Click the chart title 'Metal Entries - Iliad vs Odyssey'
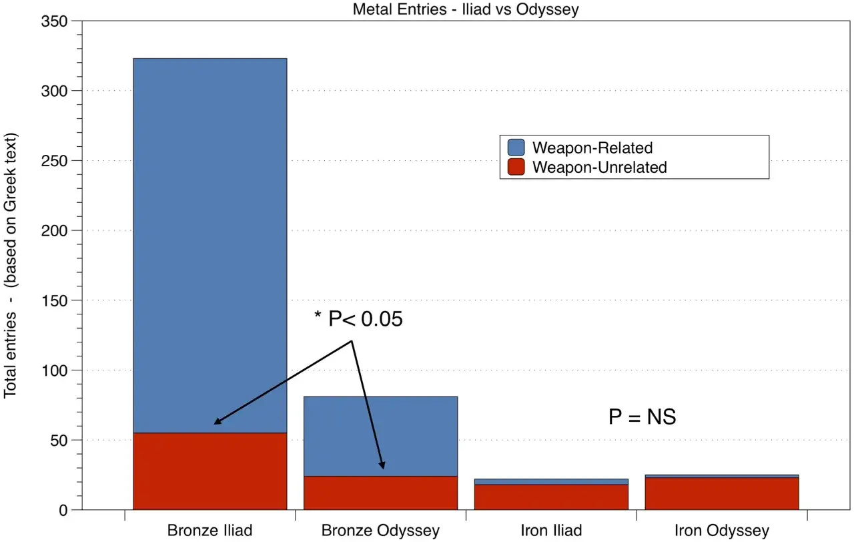(x=465, y=9)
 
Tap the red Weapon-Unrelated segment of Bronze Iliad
(x=209, y=471)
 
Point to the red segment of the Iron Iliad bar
(x=551, y=497)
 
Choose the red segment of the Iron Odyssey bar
(x=722, y=494)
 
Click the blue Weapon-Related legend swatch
(x=516, y=148)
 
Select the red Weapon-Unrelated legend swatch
(x=516, y=167)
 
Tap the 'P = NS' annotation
(x=642, y=418)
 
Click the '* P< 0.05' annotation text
(x=359, y=320)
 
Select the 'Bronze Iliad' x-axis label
(x=209, y=531)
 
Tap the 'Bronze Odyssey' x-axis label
(x=380, y=531)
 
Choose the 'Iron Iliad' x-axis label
(x=551, y=531)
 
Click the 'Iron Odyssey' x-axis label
(x=722, y=531)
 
